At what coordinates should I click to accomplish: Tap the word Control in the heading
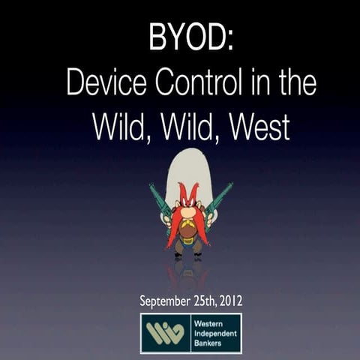[197, 83]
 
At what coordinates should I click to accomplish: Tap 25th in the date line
[201, 301]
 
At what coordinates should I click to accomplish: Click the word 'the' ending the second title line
[298, 83]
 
